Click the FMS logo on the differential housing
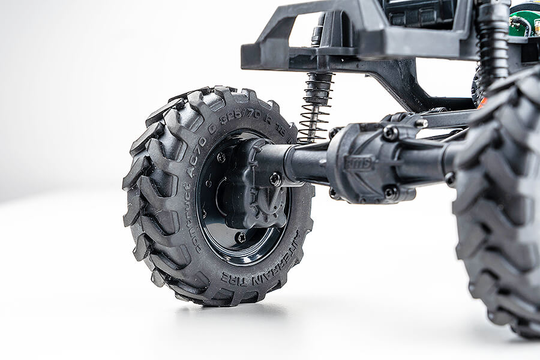[359, 162]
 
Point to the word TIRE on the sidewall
[233, 277]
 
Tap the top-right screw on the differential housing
[391, 133]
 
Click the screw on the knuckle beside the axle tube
[275, 179]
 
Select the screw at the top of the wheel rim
[221, 157]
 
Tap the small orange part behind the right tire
[482, 102]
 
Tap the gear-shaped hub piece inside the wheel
[255, 198]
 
